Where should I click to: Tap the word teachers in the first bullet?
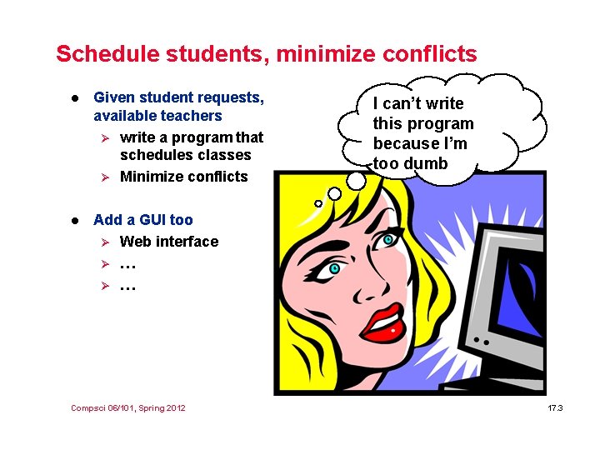[x=193, y=116]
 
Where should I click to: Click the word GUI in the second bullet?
[x=149, y=220]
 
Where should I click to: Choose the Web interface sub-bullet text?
[x=169, y=242]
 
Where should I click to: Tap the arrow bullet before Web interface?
[x=104, y=242]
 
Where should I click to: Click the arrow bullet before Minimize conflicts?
[x=104, y=177]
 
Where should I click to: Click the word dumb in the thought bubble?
[x=426, y=164]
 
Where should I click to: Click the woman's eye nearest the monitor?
[x=388, y=241]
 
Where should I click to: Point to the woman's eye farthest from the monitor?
[x=333, y=268]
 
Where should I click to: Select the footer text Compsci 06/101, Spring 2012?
[x=128, y=408]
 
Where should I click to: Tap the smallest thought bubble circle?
[x=317, y=203]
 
